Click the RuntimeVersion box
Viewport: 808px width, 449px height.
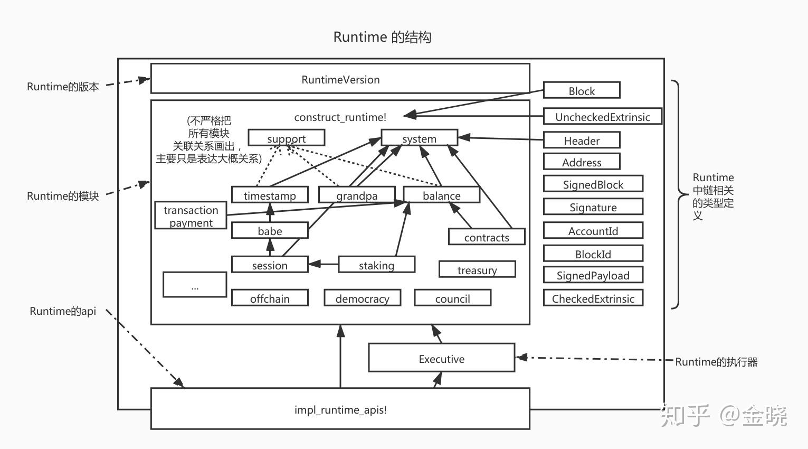340,79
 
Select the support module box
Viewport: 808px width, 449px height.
286,138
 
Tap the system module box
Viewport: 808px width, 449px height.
419,138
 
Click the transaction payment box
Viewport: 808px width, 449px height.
191,216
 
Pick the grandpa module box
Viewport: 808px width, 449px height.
357,195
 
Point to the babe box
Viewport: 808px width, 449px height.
270,231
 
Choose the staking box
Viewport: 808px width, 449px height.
376,265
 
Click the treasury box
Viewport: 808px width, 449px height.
477,269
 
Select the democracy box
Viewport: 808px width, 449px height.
362,298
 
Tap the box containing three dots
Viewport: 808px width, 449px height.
195,285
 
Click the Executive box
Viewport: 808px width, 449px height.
441,358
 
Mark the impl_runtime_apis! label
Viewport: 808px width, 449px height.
340,409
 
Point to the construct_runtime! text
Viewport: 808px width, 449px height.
340,117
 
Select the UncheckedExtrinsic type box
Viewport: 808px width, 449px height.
602,116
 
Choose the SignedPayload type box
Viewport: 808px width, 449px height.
593,275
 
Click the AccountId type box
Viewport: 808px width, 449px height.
593,231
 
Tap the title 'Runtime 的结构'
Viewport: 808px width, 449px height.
382,37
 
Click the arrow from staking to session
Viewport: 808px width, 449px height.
323,264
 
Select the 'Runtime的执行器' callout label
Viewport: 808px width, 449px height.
716,362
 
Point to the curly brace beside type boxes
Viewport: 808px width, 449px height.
677,194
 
